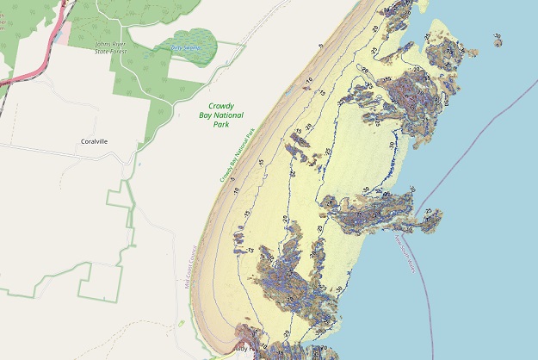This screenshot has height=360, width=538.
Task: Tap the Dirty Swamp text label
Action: [x=185, y=48]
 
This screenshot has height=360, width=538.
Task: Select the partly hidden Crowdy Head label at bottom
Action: [x=246, y=349]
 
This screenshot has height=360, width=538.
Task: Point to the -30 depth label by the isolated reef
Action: [x=498, y=35]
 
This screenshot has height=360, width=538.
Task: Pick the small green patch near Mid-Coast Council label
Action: [x=182, y=323]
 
